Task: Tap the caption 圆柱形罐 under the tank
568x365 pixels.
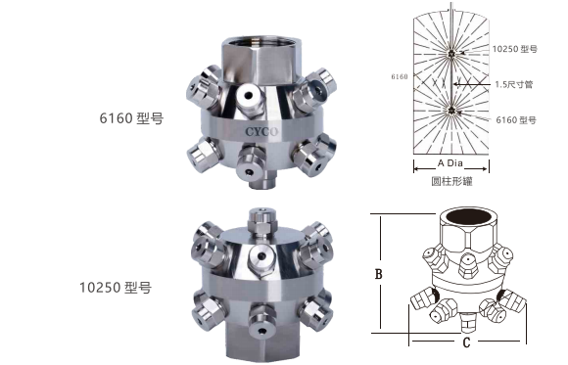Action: [x=450, y=182]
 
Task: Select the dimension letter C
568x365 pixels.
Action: [x=466, y=342]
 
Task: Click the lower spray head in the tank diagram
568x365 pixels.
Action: [x=450, y=111]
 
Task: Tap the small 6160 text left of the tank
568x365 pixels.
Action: [x=399, y=74]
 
